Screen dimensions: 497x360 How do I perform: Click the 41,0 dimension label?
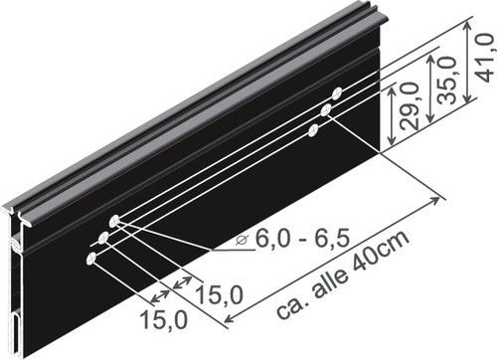tap(486, 57)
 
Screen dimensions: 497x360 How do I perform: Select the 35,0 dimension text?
tap(446, 81)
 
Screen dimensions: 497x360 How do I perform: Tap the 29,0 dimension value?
tap(410, 106)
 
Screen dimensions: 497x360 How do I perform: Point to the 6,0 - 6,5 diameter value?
tap(302, 239)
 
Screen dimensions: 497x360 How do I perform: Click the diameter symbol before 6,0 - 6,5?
tap(243, 241)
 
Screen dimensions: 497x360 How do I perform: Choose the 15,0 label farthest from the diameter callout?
tap(164, 319)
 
